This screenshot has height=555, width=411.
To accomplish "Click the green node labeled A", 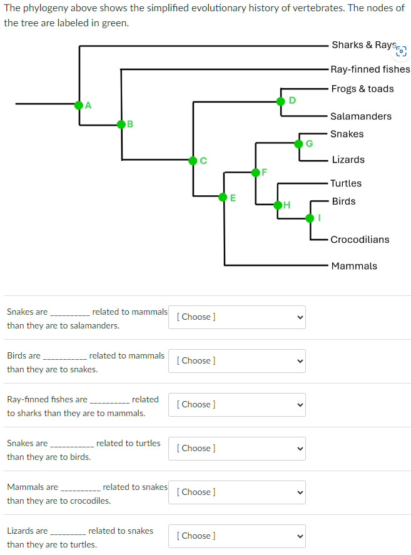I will pos(79,104).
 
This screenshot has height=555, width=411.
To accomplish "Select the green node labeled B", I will pos(121,125).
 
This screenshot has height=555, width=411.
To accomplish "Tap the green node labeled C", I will pos(194,161).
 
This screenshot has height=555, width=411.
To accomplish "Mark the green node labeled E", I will pos(223,197).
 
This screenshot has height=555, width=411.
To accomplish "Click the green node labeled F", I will pos(255,172).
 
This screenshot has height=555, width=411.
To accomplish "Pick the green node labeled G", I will pos(299,144).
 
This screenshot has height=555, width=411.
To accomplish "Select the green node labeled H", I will pos(278,205).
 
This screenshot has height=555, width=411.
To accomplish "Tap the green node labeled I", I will pos(310,218).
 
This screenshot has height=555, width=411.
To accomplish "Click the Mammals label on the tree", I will pos(354,266).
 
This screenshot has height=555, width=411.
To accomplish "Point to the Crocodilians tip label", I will pos(360,240).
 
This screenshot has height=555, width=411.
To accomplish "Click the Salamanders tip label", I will pos(361,116).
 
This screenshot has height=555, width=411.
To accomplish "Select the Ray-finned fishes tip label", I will pos(370,69).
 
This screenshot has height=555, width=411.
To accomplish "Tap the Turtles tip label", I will pos(346,183).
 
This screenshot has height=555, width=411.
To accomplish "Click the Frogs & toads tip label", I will pos(362,89).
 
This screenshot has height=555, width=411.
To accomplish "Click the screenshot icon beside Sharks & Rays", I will pos(402,51).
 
